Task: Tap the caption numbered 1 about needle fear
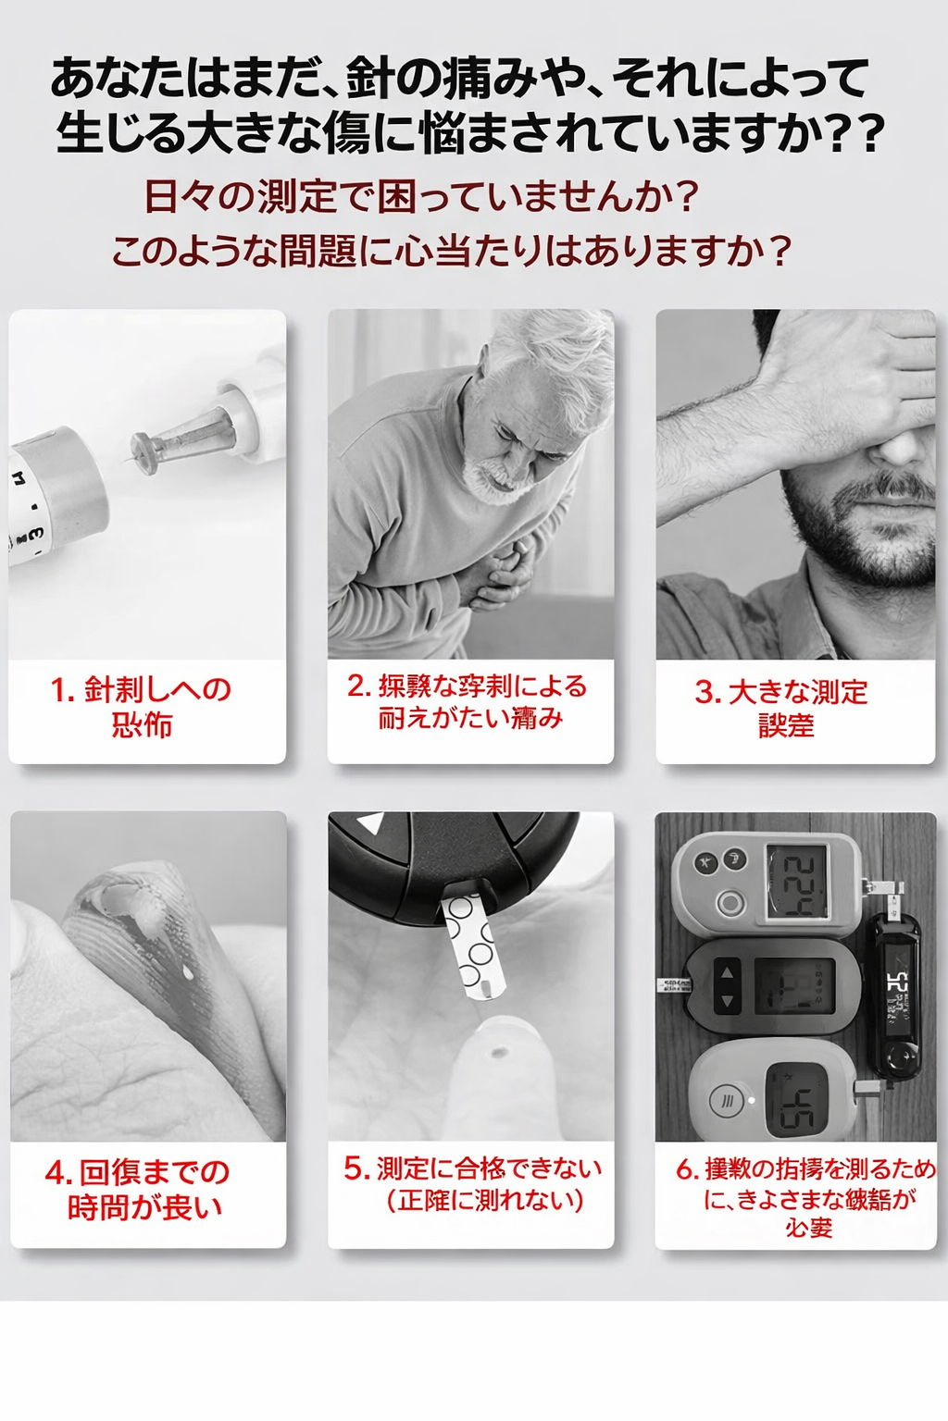pyautogui.click(x=142, y=707)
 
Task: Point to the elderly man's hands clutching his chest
pyautogui.click(x=500, y=574)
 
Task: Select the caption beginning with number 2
pyautogui.click(x=469, y=701)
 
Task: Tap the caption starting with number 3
pyautogui.click(x=783, y=708)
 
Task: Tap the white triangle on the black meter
pyautogui.click(x=370, y=822)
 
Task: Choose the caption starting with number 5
pyautogui.click(x=472, y=1184)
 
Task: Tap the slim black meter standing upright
pyautogui.click(x=895, y=995)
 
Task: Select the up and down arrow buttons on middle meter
pyautogui.click(x=727, y=986)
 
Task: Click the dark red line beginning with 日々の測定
pyautogui.click(x=420, y=196)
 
